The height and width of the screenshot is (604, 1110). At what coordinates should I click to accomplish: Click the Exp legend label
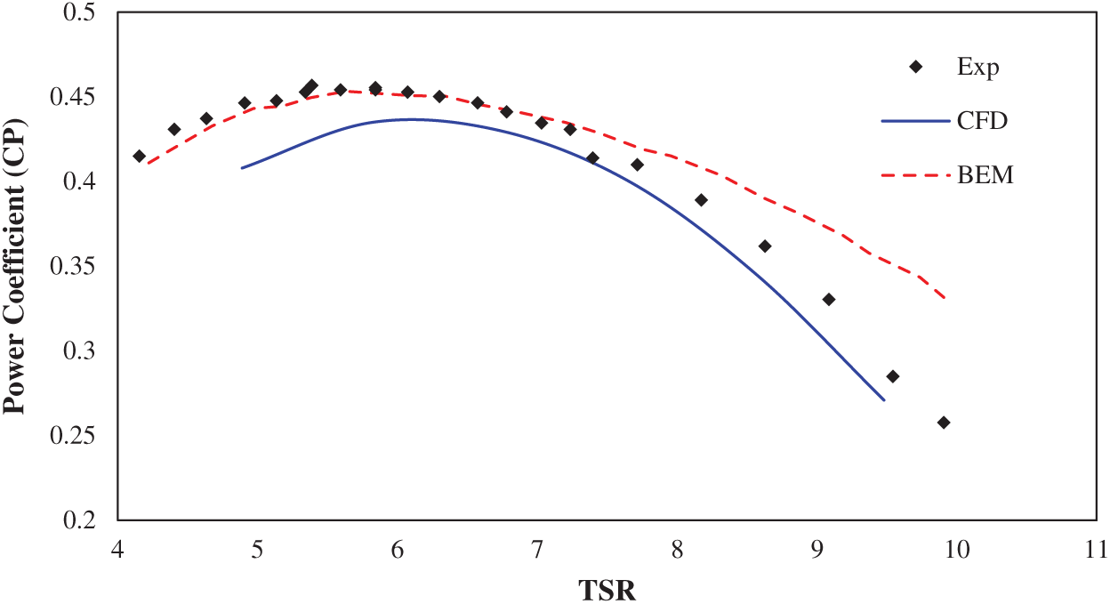click(978, 68)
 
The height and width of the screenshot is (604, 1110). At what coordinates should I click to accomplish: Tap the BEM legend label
click(985, 175)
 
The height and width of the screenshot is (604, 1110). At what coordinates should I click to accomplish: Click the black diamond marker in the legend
click(915, 68)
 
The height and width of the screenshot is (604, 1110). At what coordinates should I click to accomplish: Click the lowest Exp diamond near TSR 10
click(944, 423)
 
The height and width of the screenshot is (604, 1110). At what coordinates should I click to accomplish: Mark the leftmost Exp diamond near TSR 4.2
click(139, 157)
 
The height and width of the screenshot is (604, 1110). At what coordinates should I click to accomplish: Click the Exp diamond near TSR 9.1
click(829, 300)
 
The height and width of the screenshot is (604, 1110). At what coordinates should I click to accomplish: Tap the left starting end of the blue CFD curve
click(242, 167)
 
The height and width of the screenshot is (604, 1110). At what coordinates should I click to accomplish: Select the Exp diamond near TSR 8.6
click(765, 246)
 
